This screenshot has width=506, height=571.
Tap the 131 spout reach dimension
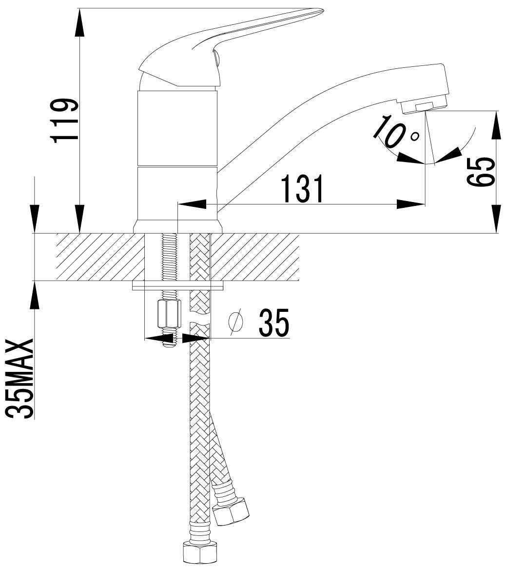coord(303,188)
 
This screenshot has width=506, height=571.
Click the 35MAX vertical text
coord(20,379)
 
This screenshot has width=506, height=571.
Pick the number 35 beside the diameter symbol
coord(274,323)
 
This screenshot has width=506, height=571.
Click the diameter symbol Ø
coord(235,322)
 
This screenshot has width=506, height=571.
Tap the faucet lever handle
coord(222,47)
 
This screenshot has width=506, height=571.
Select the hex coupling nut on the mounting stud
coord(169,314)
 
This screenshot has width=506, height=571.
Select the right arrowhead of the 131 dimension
coord(410,204)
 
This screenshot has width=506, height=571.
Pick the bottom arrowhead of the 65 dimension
coord(496,218)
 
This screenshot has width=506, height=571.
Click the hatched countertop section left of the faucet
coord(100,257)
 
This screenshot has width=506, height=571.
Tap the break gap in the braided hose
coord(200,324)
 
